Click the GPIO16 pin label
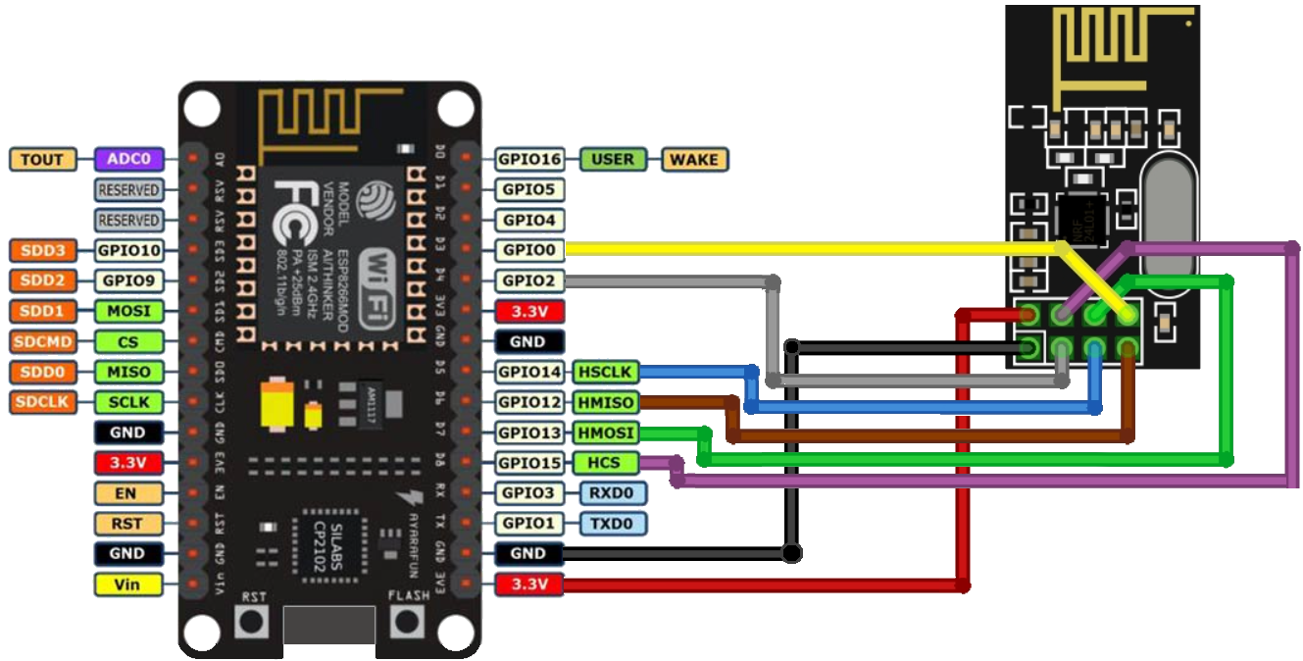529,159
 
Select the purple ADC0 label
127,159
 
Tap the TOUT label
42,159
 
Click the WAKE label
694,159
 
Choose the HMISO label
605,402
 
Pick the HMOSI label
605,432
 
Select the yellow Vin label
127,585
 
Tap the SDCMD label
42,341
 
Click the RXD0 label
613,493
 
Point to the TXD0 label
613,524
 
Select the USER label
613,159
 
